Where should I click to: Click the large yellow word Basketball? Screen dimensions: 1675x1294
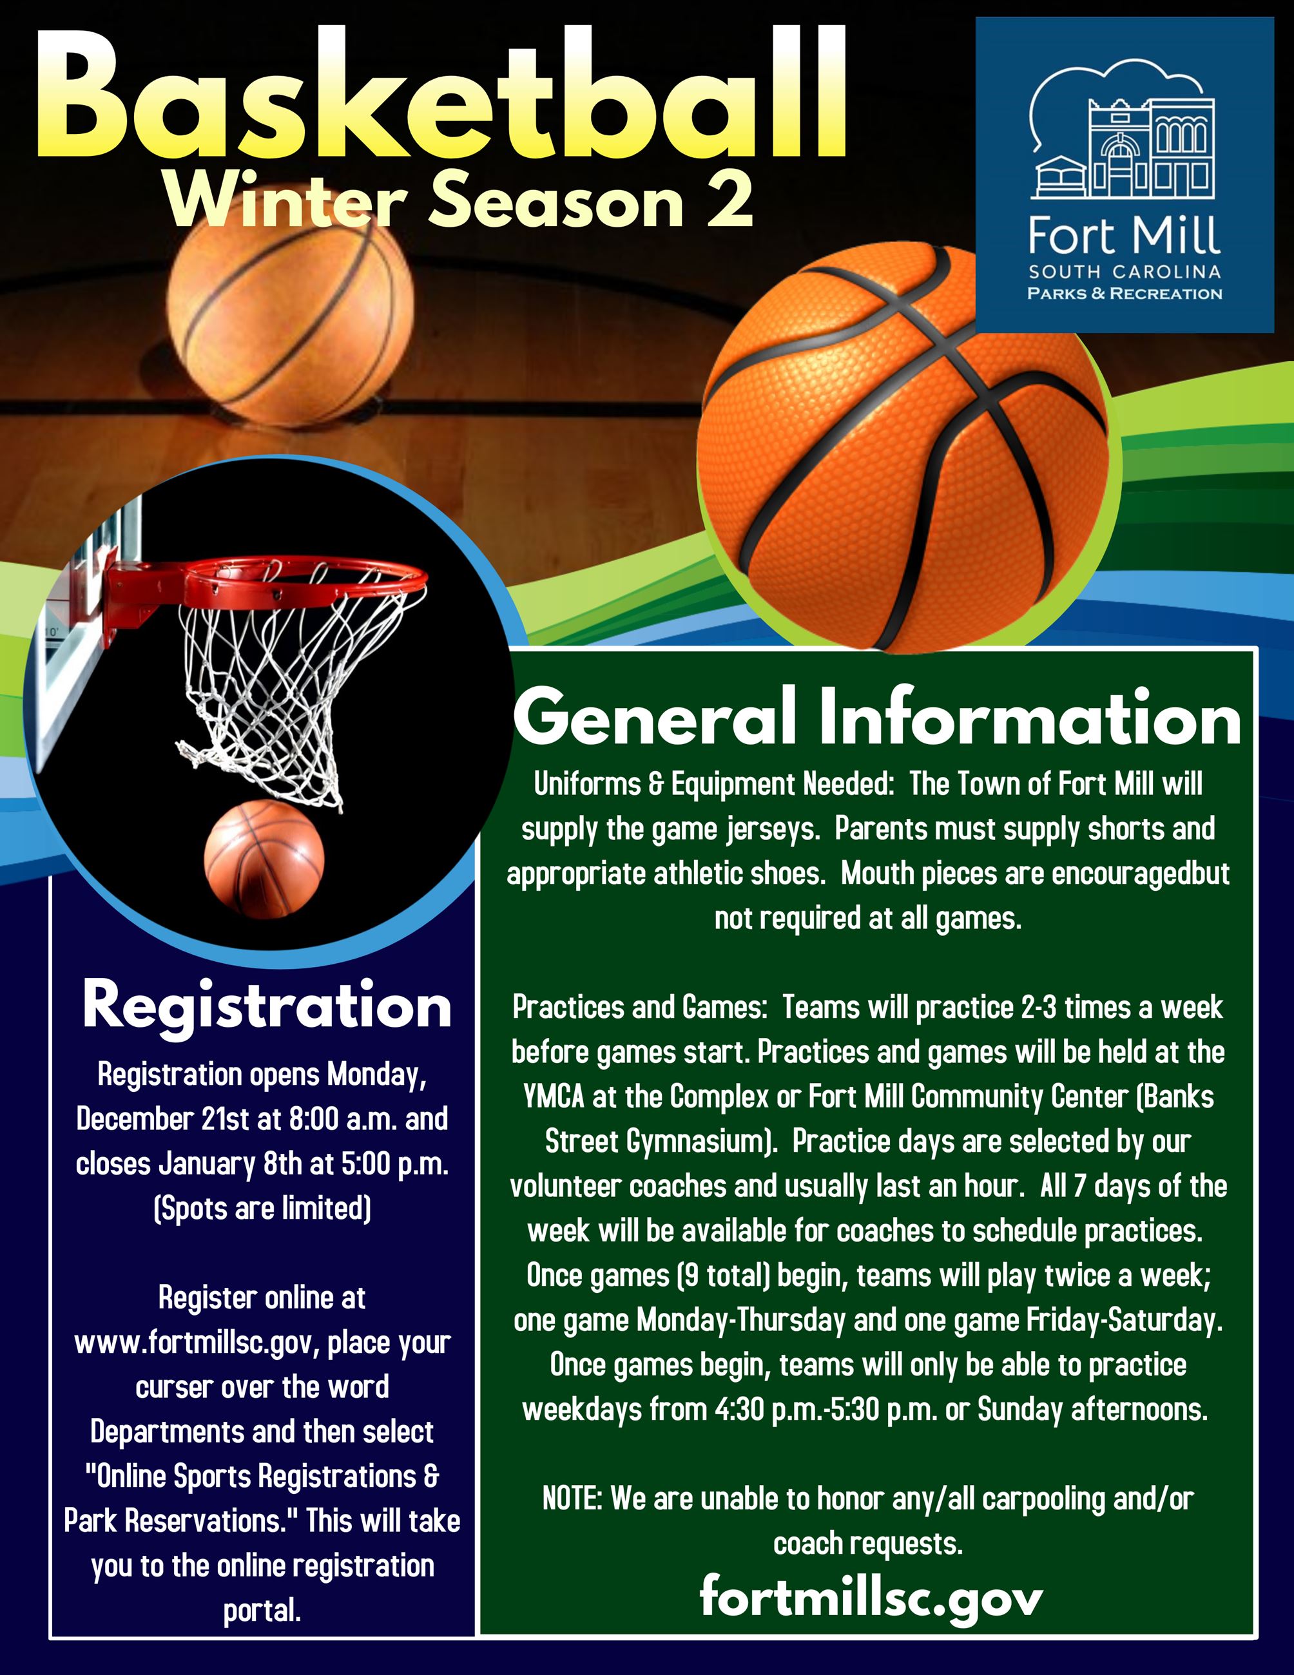point(441,96)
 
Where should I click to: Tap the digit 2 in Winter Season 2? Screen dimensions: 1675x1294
point(729,200)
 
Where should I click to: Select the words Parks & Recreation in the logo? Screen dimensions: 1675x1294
point(1125,294)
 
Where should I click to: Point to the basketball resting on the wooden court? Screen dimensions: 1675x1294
point(290,322)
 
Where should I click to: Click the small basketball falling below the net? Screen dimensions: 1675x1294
point(264,859)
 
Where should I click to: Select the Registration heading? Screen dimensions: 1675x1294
point(266,1006)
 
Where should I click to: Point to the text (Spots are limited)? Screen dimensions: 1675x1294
point(262,1209)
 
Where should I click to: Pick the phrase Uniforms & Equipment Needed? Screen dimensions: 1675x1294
point(713,785)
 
